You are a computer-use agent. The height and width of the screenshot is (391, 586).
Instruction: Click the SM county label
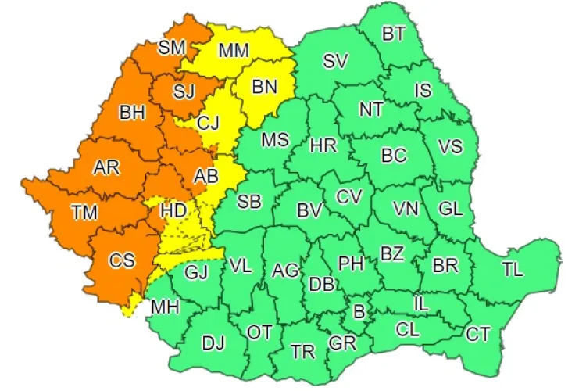(x=172, y=48)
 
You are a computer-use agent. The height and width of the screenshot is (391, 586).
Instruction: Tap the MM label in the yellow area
(x=234, y=52)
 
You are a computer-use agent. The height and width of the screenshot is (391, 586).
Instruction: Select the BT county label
(x=394, y=34)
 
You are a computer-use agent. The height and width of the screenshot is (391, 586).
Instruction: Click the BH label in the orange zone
(x=133, y=113)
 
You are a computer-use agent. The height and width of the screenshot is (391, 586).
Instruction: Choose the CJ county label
(x=209, y=123)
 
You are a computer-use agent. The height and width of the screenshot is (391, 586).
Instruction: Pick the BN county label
(x=265, y=88)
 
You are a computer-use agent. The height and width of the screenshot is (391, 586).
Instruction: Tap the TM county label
(x=84, y=212)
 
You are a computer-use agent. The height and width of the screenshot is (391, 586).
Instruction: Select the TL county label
(x=513, y=271)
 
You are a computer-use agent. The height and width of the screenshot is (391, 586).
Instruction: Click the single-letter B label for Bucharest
(x=359, y=312)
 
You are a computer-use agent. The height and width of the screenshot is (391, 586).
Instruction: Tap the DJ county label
(x=213, y=342)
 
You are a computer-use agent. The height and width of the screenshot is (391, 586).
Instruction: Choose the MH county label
(x=166, y=307)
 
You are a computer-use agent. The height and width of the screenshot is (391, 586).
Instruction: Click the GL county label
(x=451, y=209)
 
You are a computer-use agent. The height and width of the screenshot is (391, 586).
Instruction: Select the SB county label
(x=249, y=202)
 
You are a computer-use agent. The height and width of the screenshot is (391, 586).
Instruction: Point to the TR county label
(x=303, y=351)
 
